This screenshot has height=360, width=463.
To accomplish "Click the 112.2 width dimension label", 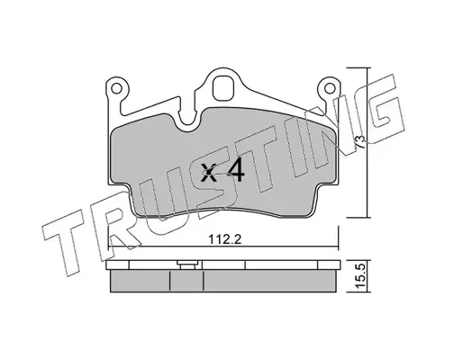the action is click(225, 239).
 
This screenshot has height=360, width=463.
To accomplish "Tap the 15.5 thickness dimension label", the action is click(361, 274).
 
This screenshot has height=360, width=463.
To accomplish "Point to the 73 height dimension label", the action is click(361, 141).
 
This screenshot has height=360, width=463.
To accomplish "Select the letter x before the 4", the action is click(208, 173).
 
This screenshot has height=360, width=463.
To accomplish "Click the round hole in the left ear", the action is click(116, 88).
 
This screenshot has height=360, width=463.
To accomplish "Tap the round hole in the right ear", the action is click(330, 88).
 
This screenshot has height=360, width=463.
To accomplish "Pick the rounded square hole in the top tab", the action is click(223, 88).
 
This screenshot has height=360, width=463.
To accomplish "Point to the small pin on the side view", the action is click(188, 265).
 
